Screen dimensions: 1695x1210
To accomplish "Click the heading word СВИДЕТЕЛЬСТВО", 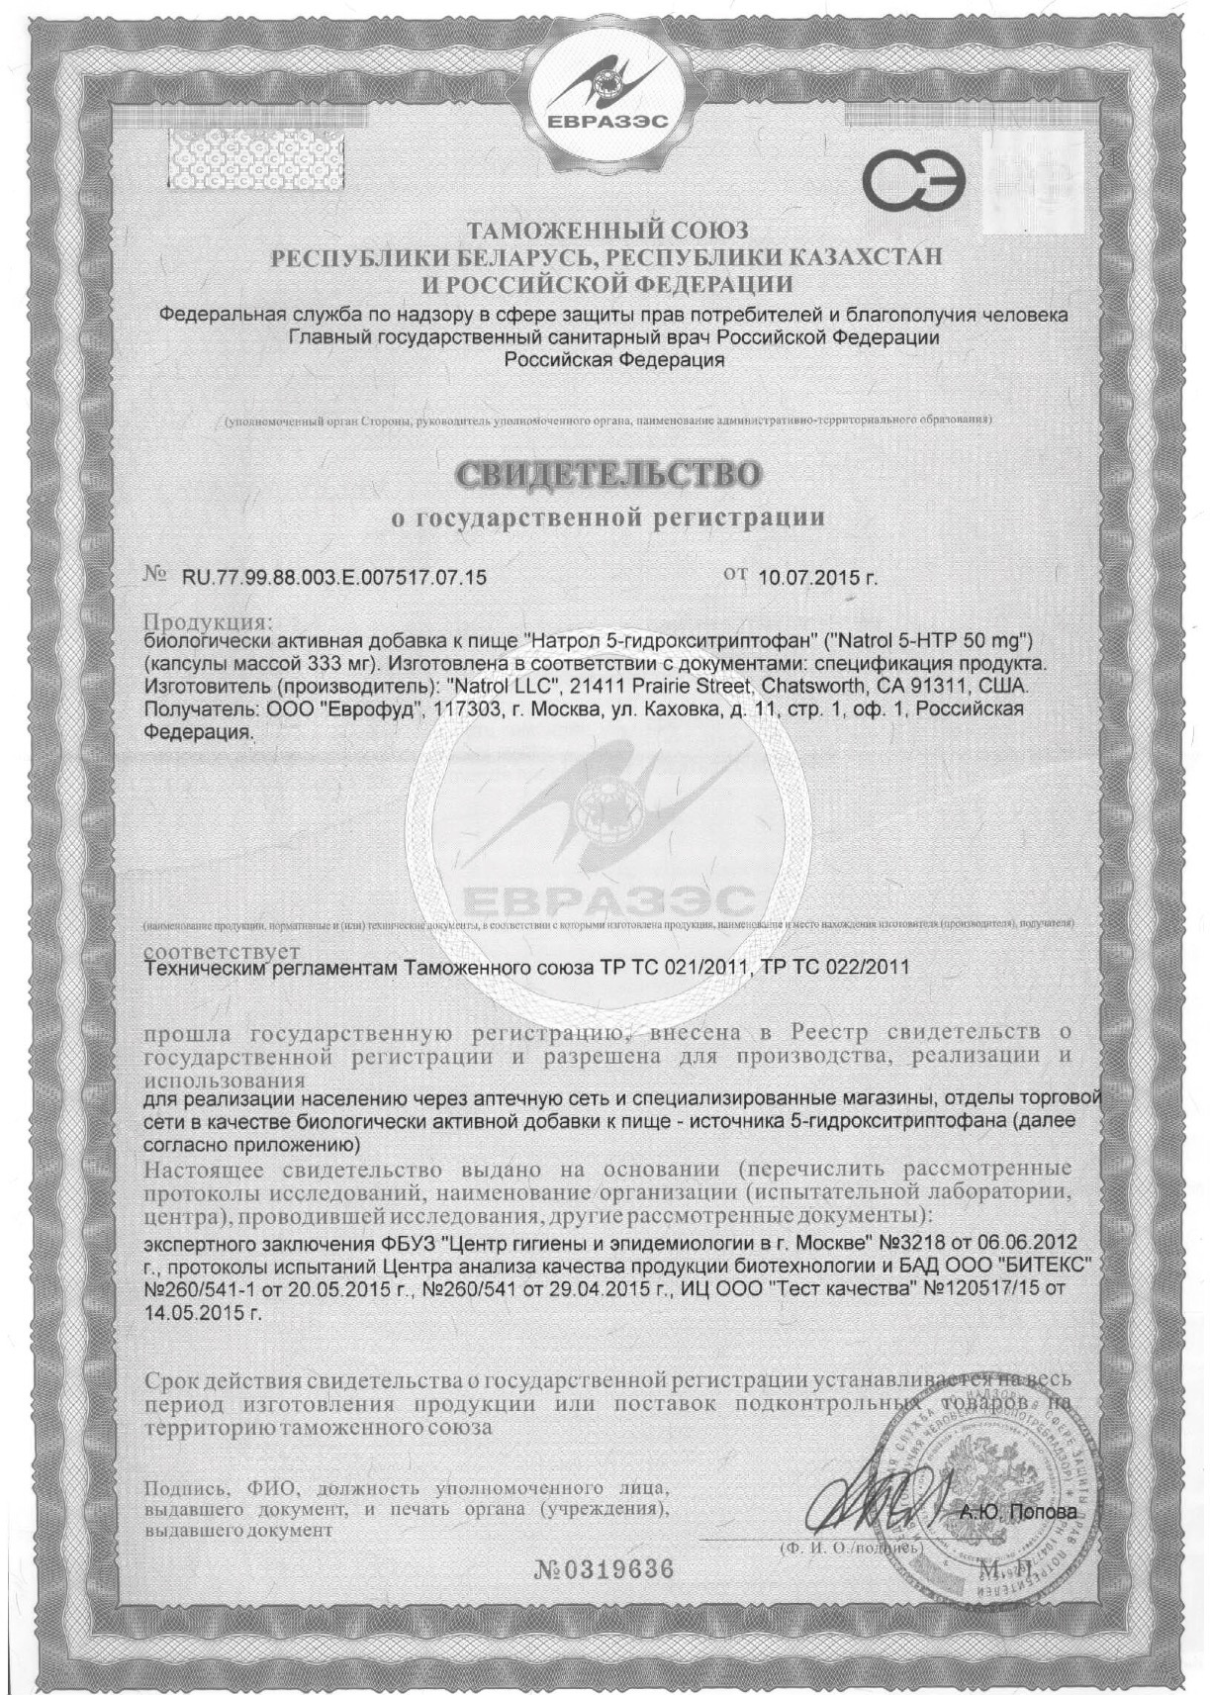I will click(609, 474).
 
